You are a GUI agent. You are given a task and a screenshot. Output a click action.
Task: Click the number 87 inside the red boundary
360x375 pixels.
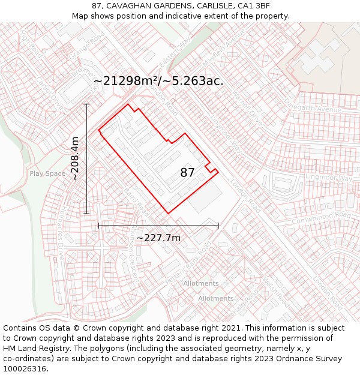tap(187, 173)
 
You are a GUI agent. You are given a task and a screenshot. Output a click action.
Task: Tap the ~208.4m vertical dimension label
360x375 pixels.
tap(75, 158)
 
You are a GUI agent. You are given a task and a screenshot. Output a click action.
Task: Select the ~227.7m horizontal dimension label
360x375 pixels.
tap(158, 238)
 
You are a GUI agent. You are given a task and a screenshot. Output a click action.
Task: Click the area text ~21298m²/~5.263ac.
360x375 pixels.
tap(158, 81)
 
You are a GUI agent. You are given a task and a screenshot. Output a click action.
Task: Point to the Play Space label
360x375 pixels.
tap(47, 174)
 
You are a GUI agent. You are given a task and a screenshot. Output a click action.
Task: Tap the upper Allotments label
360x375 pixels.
tap(201, 283)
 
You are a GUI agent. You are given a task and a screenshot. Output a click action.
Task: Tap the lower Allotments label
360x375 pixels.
tap(215, 298)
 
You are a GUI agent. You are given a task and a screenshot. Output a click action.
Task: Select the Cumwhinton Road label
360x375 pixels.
tap(321, 218)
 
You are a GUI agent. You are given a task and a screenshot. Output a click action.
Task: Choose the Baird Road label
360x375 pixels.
tap(137, 202)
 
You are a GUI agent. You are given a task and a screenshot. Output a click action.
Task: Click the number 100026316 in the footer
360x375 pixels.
tap(25, 369)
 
